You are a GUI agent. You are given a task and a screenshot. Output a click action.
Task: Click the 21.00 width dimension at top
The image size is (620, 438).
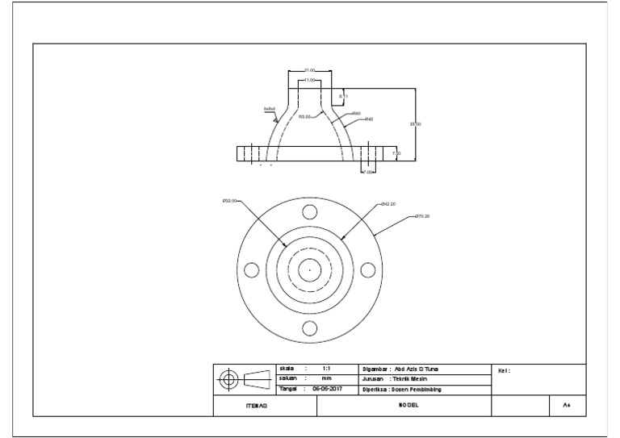click(309, 70)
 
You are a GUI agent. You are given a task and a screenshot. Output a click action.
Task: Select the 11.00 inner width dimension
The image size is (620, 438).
click(309, 81)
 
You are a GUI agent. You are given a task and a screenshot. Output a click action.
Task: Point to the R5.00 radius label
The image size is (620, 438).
click(304, 116)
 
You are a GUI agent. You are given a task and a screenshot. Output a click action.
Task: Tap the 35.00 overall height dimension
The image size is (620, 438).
click(415, 124)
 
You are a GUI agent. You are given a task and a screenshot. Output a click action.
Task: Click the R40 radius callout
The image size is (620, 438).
click(368, 119)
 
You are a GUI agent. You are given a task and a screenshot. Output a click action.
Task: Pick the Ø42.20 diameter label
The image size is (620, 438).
click(387, 204)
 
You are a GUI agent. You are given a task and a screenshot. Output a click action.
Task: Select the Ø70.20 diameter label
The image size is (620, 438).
click(422, 216)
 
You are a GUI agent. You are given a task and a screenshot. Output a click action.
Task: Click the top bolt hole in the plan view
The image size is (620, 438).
click(309, 212)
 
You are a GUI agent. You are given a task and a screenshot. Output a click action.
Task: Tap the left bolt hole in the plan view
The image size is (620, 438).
click(251, 270)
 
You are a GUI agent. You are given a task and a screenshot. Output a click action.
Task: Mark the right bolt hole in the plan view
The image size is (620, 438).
click(367, 270)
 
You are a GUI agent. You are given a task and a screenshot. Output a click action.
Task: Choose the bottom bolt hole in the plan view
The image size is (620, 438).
click(309, 327)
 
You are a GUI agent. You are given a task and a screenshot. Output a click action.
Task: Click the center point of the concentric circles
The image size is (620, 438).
click(309, 270)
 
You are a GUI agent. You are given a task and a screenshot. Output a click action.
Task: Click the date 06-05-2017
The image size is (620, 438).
click(327, 389)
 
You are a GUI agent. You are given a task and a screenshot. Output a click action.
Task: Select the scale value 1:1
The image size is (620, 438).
click(326, 368)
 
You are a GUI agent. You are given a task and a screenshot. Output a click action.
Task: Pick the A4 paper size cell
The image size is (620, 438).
click(568, 407)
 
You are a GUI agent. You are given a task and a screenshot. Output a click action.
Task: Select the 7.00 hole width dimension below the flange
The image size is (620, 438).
click(367, 172)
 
